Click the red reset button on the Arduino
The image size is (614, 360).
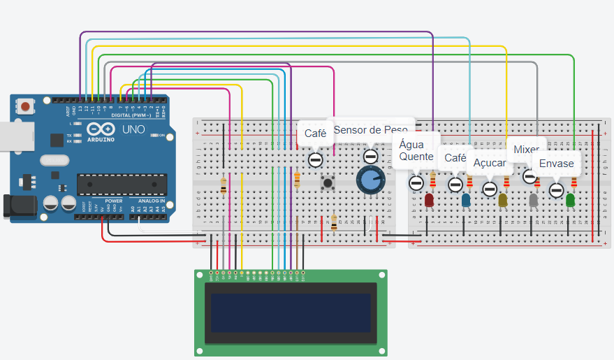click(26, 107)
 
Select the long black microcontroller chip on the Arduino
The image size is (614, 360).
click(122, 184)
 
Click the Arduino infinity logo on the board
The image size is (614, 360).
click(100, 129)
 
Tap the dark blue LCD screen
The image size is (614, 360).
click(291, 312)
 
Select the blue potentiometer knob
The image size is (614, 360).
click(370, 180)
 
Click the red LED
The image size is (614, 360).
click(429, 201)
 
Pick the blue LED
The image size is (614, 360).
click(466, 200)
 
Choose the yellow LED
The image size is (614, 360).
click(503, 201)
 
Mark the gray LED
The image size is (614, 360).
click(534, 201)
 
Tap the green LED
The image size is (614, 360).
click(571, 200)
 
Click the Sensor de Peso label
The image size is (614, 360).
click(370, 130)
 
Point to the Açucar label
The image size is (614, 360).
click(490, 162)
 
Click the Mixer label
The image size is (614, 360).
click(525, 149)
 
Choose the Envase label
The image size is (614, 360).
click(556, 164)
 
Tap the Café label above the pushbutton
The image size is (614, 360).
click(315, 133)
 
